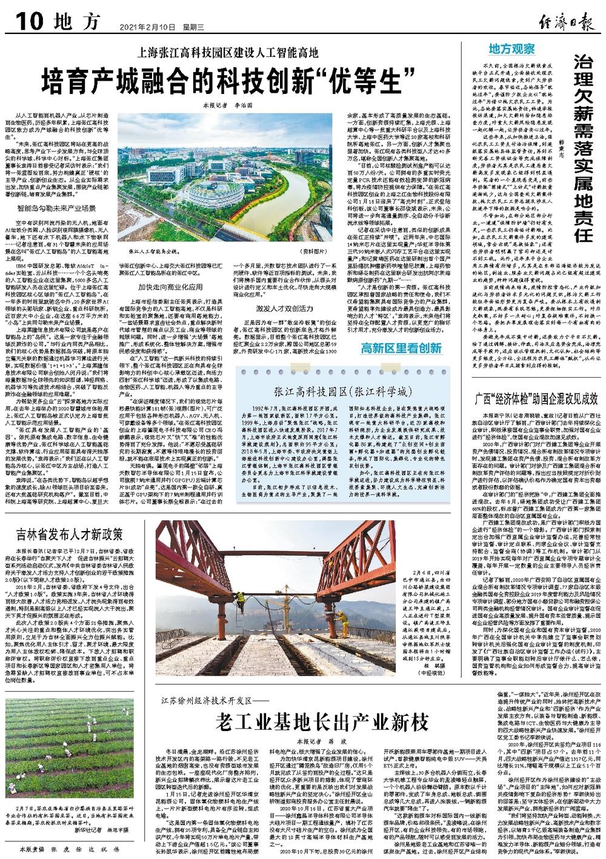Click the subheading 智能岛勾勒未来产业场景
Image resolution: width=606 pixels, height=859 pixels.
(x=56, y=208)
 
